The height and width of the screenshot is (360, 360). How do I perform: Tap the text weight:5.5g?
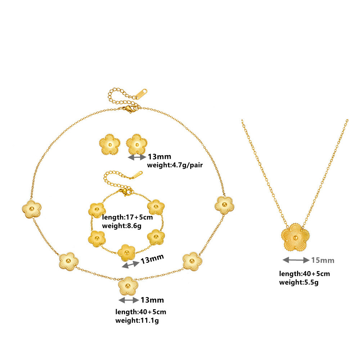click(x=298, y=283)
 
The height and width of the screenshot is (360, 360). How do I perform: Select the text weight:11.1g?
click(x=137, y=320)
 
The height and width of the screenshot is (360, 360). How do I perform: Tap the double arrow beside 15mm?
click(x=296, y=260)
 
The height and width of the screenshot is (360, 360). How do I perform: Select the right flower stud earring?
click(x=137, y=145)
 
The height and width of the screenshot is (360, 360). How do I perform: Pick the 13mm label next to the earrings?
click(x=159, y=157)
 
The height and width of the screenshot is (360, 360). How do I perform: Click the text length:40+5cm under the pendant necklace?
click(x=304, y=274)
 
